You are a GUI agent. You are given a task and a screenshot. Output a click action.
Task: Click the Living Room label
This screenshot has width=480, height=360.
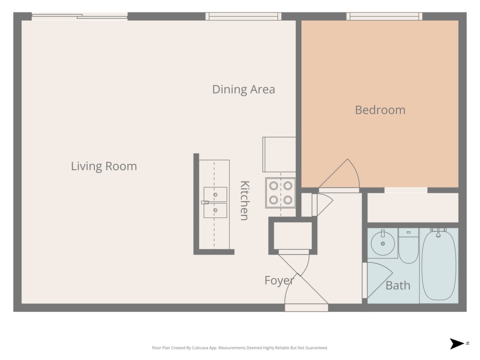[104, 166]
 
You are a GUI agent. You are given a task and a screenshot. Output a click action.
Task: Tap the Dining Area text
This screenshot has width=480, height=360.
[244, 90]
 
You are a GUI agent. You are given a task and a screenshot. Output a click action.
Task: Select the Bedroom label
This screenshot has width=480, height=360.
[380, 110]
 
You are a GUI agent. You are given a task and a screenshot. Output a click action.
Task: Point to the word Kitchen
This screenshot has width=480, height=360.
[245, 200]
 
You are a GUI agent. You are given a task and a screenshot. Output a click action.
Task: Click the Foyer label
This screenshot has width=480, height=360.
[279, 280]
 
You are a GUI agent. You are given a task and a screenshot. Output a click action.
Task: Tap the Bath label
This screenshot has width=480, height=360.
[398, 285]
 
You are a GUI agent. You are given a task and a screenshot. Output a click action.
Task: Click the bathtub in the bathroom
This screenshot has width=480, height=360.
[438, 265]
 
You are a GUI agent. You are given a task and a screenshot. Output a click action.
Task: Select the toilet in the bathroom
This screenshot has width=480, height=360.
[408, 246]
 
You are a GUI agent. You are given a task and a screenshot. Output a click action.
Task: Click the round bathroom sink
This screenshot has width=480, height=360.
[383, 243]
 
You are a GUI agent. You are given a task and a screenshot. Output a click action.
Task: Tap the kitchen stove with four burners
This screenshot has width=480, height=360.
[280, 193]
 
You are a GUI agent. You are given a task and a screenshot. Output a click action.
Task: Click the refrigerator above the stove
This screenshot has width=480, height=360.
[279, 154]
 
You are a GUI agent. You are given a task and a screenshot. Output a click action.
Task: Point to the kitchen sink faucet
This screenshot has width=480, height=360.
[205, 202]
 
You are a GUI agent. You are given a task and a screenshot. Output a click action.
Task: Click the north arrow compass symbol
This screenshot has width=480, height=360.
[456, 344]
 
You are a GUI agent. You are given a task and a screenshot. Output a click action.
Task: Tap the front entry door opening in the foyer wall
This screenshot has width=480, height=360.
[306, 308]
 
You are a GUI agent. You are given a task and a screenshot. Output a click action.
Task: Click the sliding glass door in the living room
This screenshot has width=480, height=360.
[79, 16]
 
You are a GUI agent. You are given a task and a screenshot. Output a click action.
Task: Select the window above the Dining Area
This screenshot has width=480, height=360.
[243, 16]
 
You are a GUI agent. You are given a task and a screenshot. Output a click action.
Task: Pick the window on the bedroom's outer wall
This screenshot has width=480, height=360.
[384, 16]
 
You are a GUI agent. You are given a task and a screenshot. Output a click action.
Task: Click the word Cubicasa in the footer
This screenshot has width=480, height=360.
[200, 348]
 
